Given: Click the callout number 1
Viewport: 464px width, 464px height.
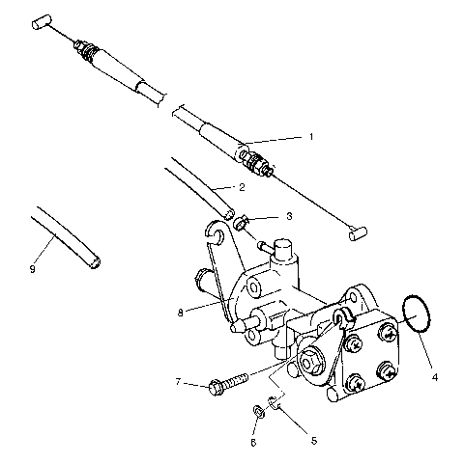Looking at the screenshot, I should tap(310, 138).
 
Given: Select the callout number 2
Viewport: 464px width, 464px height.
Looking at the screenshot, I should tap(241, 186).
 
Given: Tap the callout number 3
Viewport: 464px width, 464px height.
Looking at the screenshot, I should tap(288, 217).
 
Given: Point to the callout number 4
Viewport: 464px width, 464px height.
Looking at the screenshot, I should tap(434, 376).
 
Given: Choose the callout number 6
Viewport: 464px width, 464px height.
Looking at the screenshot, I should tap(252, 442).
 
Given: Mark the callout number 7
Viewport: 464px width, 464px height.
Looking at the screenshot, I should tap(178, 383).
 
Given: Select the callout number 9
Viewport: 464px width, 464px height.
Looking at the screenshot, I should tap(32, 269).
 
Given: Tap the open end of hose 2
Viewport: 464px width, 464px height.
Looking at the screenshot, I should tap(228, 210).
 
